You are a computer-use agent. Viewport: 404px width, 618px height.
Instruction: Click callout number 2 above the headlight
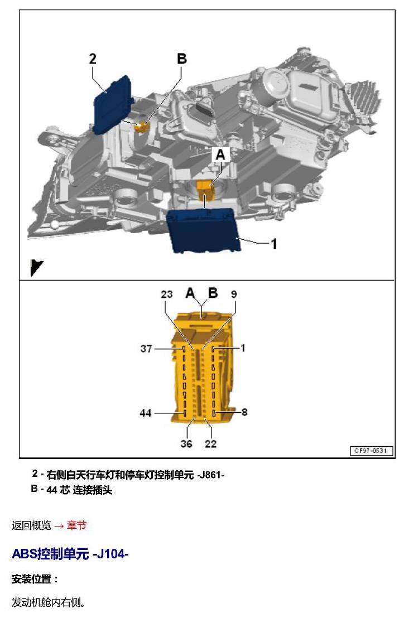point(93,59)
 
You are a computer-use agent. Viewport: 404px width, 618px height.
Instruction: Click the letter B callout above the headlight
point(182,59)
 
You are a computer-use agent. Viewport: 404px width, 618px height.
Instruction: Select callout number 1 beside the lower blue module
point(274,244)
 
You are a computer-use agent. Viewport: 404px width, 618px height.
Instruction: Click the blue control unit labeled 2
point(113,104)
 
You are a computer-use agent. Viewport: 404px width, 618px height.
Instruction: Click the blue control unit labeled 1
point(204,230)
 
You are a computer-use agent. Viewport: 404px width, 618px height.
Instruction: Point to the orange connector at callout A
point(205,189)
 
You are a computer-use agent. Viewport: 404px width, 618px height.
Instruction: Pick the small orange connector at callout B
point(141,127)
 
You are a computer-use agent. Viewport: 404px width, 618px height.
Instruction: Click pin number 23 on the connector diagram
point(167,294)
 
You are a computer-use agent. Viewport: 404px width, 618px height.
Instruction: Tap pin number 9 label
point(234,294)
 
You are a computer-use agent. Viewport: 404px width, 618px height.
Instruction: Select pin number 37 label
point(146,349)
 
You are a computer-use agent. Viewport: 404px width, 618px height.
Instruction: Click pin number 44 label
point(146,413)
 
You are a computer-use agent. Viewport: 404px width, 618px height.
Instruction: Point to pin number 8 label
point(244,412)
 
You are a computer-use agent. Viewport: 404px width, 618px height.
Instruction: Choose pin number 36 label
point(186,444)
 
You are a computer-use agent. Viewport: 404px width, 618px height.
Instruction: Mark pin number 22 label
point(210,444)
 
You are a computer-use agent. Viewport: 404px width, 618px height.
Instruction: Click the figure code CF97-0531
point(371,451)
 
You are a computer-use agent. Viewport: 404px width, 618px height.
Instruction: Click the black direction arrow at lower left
point(36,268)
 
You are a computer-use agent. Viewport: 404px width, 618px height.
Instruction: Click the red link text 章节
point(76,525)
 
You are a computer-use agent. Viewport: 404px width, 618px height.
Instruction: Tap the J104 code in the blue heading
point(110,554)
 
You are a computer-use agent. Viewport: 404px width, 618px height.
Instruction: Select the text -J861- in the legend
point(211,475)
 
